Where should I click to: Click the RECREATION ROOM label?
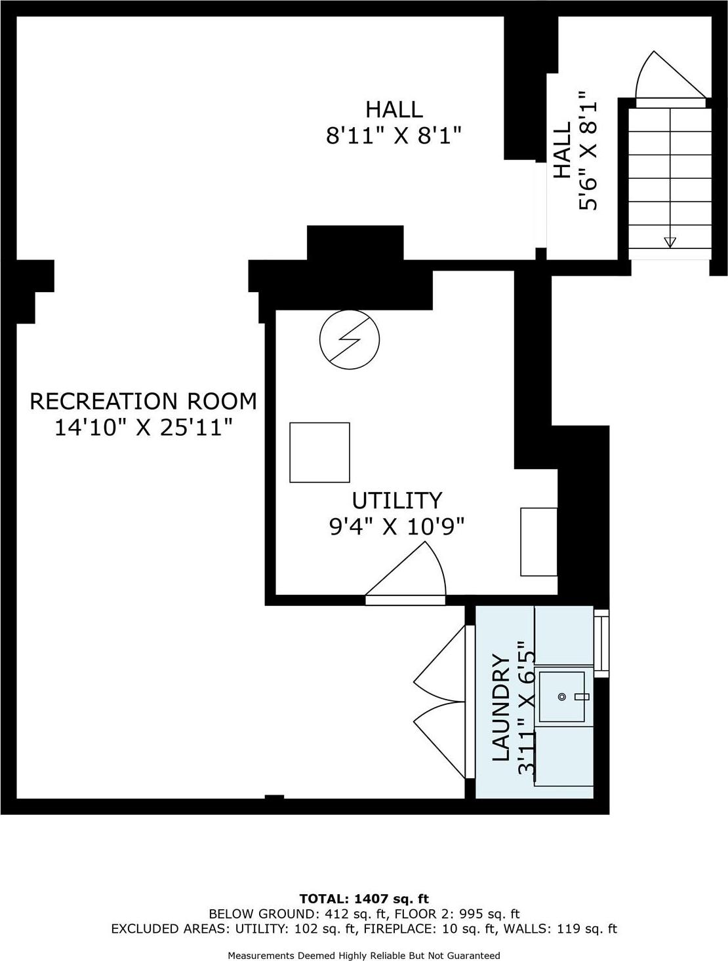(x=144, y=401)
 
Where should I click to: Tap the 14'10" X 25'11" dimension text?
(x=144, y=428)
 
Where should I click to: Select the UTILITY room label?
(x=397, y=500)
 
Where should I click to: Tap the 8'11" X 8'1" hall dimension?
(x=394, y=136)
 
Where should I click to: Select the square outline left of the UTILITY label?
(x=319, y=453)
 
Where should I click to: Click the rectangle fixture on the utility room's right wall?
(x=538, y=541)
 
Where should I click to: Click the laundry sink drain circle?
(x=562, y=697)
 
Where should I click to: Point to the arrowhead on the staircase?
(x=669, y=242)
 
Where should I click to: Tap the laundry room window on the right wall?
(x=601, y=643)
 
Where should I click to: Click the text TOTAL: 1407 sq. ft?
(x=363, y=898)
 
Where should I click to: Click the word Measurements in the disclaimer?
(x=257, y=955)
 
